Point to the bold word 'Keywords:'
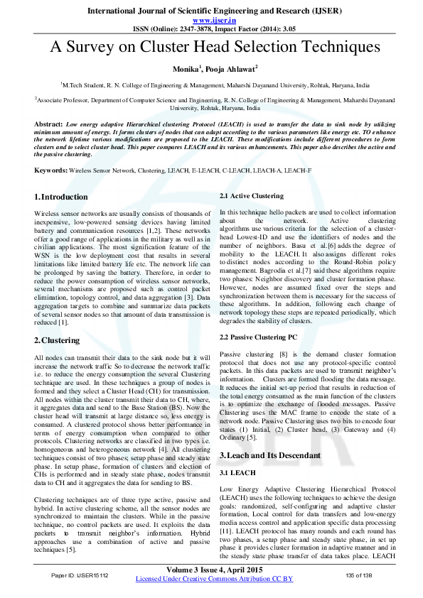[50, 171]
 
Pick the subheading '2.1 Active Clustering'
[252, 195]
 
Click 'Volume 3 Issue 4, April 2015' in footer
[215, 570]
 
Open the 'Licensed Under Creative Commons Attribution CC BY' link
[214, 579]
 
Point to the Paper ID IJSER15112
[79, 575]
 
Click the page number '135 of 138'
[359, 575]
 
